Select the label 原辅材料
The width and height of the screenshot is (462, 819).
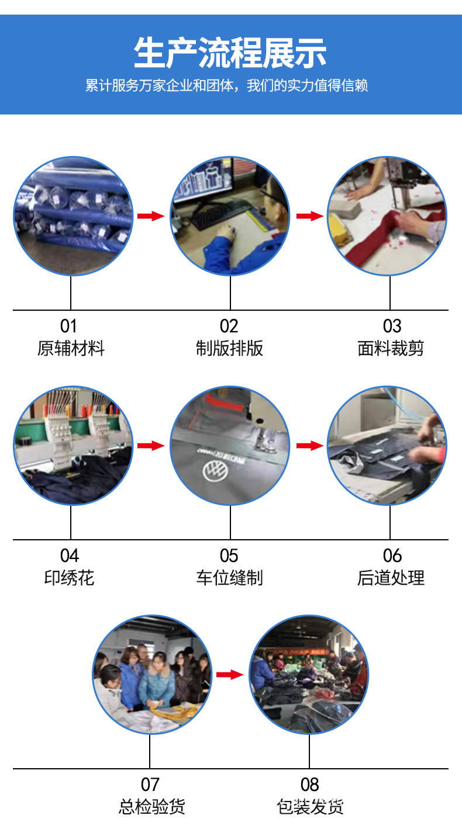point(71,349)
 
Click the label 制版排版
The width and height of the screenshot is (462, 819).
point(230,349)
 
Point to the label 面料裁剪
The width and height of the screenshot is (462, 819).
point(390,349)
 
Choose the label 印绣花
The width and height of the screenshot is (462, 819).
point(69,578)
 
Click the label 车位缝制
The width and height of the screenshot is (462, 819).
point(230,578)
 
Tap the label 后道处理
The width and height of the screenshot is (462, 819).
point(390,578)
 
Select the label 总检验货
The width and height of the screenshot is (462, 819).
point(151,807)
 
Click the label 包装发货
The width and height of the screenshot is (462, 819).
point(310,807)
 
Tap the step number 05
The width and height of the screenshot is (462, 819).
point(229,556)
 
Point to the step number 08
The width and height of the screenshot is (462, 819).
point(310,785)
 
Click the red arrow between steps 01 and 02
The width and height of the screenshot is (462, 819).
point(151,216)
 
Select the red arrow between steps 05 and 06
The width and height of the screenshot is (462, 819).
point(310,446)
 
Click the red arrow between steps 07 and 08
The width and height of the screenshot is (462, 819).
point(229,675)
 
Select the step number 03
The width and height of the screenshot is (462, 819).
point(392,326)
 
